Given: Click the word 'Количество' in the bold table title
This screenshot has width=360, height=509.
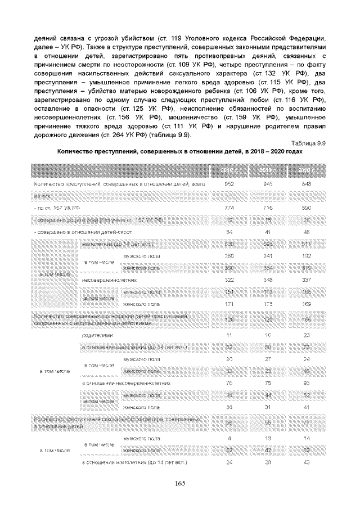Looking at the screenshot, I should point(75,152).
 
